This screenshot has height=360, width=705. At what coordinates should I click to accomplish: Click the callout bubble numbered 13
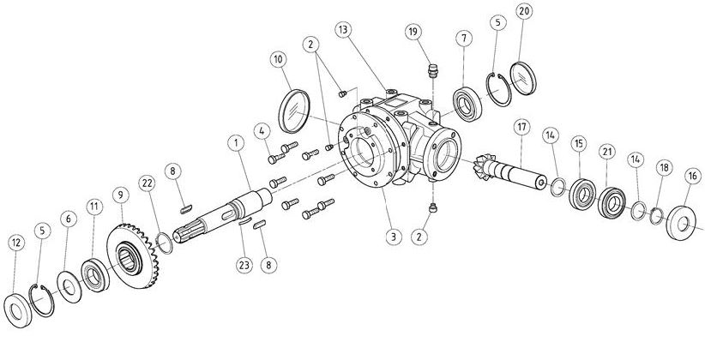pyautogui.click(x=343, y=30)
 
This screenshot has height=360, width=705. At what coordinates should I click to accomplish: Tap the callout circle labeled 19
pyautogui.click(x=413, y=32)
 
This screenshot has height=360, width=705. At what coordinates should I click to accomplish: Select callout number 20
pyautogui.click(x=524, y=11)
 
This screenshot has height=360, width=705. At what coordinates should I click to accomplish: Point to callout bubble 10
pyautogui.click(x=279, y=59)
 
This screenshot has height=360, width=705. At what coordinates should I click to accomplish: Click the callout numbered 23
pyautogui.click(x=244, y=265)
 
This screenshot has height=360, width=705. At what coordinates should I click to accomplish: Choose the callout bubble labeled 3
pyautogui.click(x=394, y=237)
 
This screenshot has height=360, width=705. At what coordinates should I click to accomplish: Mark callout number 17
pyautogui.click(x=521, y=128)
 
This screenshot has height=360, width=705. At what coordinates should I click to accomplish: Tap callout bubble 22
pyautogui.click(x=147, y=183)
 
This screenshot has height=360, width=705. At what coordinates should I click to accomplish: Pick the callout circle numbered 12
pyautogui.click(x=16, y=243)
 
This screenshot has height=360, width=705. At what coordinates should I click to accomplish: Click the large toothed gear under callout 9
pyautogui.click(x=132, y=256)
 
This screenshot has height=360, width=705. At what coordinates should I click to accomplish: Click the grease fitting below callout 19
pyautogui.click(x=432, y=70)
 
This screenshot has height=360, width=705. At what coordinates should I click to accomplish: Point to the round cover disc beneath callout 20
pyautogui.click(x=523, y=79)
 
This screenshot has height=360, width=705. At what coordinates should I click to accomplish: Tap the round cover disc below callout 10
pyautogui.click(x=294, y=111)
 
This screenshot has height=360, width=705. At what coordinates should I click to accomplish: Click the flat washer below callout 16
pyautogui.click(x=681, y=223)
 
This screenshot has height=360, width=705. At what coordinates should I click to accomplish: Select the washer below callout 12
pyautogui.click(x=17, y=309)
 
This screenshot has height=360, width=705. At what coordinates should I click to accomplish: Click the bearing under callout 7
pyautogui.click(x=467, y=105)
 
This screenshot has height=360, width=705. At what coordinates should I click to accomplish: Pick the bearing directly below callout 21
pyautogui.click(x=612, y=203)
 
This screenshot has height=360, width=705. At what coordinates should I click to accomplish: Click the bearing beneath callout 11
pyautogui.click(x=95, y=275)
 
